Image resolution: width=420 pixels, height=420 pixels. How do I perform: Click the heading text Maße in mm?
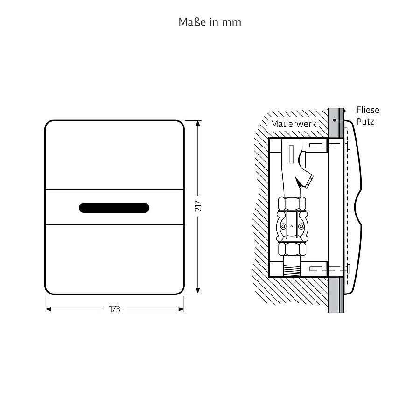(x=210, y=22)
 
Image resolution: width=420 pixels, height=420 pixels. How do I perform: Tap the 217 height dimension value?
(x=198, y=206)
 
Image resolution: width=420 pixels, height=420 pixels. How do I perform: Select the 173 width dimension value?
(x=115, y=309)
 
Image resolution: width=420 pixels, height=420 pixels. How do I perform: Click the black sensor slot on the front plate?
(x=114, y=208)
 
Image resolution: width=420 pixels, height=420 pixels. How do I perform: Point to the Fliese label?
(x=368, y=110)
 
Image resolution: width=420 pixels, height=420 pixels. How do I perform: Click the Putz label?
(x=365, y=122)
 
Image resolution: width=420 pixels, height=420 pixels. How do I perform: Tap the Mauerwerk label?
(x=294, y=124)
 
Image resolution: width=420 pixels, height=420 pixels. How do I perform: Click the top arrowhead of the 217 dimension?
(x=198, y=123)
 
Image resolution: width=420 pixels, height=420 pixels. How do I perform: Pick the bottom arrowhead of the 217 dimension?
(x=198, y=291)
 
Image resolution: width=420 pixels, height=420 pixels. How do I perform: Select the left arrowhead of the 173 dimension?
(x=48, y=309)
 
